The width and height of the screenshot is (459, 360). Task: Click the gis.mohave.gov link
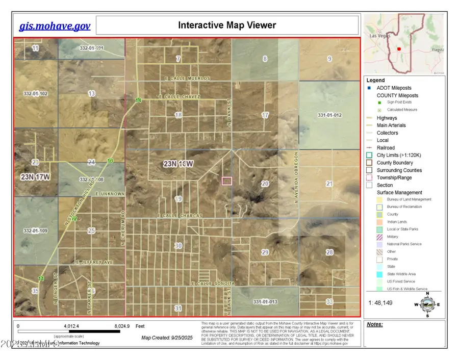(55, 26)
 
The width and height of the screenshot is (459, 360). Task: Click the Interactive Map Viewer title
(227, 25)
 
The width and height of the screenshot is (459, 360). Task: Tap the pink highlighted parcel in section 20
(227, 181)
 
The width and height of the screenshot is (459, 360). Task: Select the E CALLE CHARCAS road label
(180, 216)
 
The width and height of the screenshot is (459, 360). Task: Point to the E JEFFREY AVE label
(93, 262)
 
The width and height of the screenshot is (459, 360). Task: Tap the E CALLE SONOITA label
(213, 283)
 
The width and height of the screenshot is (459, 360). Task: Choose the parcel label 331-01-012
(329, 115)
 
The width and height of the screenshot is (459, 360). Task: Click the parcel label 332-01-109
(35, 231)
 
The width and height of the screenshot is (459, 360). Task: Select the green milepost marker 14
(138, 100)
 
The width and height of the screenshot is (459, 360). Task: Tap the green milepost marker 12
(74, 219)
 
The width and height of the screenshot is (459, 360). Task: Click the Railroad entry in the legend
(386, 148)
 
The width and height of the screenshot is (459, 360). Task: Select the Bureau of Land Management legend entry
(409, 199)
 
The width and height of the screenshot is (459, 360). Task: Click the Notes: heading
(375, 324)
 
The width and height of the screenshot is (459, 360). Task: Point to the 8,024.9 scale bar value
(120, 325)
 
